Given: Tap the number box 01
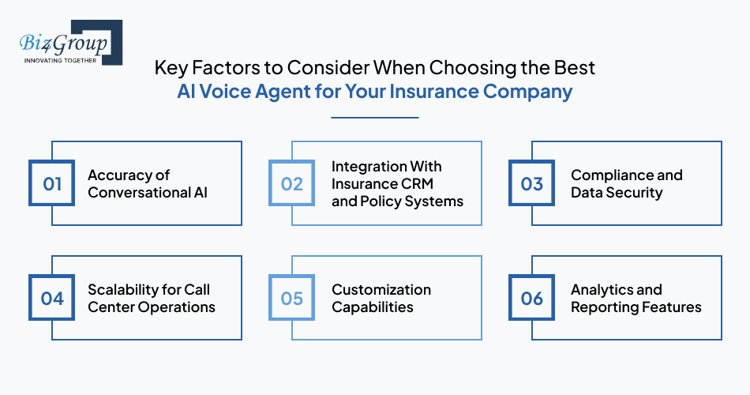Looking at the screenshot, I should coord(52,184).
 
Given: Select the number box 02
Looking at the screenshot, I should coord(292,184).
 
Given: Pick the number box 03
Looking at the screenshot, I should coord(532,184).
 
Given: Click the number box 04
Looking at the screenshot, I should coord(52,299).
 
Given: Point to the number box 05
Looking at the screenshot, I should coord(292,299).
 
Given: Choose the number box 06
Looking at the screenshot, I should coord(532,299).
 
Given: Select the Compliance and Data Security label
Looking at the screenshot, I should coord(626,184).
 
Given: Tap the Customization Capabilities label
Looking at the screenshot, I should coord(381,299).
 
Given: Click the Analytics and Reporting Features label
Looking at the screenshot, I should coord(636,299).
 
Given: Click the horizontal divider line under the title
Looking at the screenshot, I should coord(374,118).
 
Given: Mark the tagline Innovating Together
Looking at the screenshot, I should coord(61,60).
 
